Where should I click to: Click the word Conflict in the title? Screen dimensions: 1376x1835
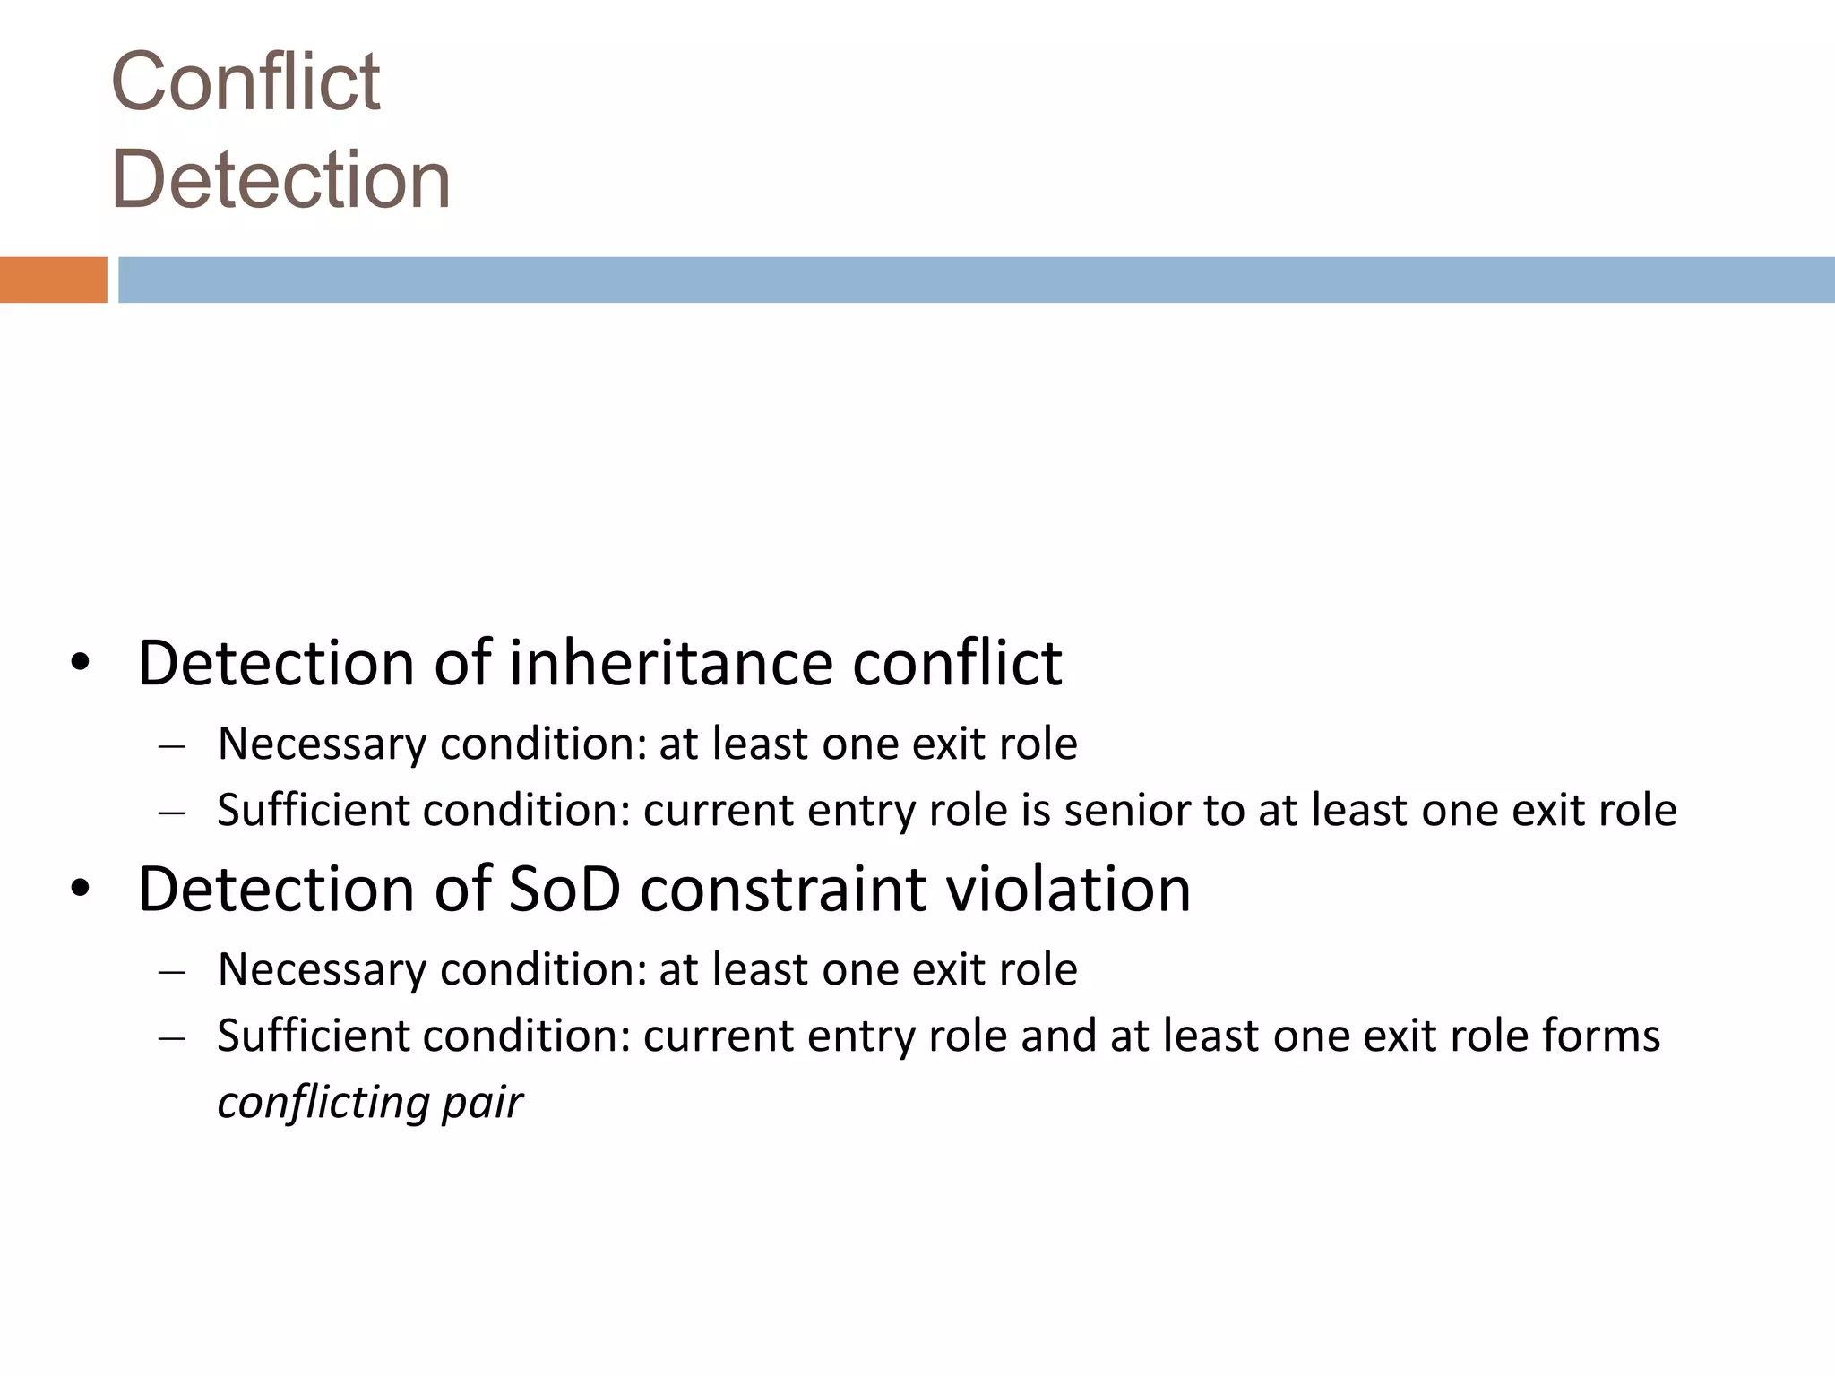[246, 82]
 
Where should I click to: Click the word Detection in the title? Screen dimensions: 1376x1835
[280, 180]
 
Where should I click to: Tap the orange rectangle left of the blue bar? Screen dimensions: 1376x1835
[53, 279]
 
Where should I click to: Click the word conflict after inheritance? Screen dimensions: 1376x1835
[957, 664]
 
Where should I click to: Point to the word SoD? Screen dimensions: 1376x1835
[564, 890]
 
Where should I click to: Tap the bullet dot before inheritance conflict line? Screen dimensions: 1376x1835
[81, 665]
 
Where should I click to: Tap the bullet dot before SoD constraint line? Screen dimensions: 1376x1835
[81, 890]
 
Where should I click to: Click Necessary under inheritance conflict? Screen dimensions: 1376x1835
[322, 744]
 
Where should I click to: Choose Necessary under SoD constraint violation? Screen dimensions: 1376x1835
[322, 970]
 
